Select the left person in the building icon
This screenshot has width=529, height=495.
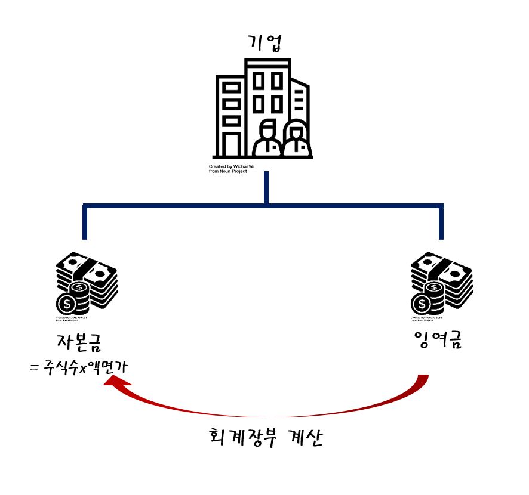click(x=266, y=138)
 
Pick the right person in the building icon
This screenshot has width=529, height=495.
click(x=295, y=139)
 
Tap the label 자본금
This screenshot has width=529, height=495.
click(x=78, y=342)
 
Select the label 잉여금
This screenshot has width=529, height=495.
click(x=438, y=341)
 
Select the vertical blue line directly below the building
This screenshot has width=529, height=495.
click(x=266, y=187)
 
